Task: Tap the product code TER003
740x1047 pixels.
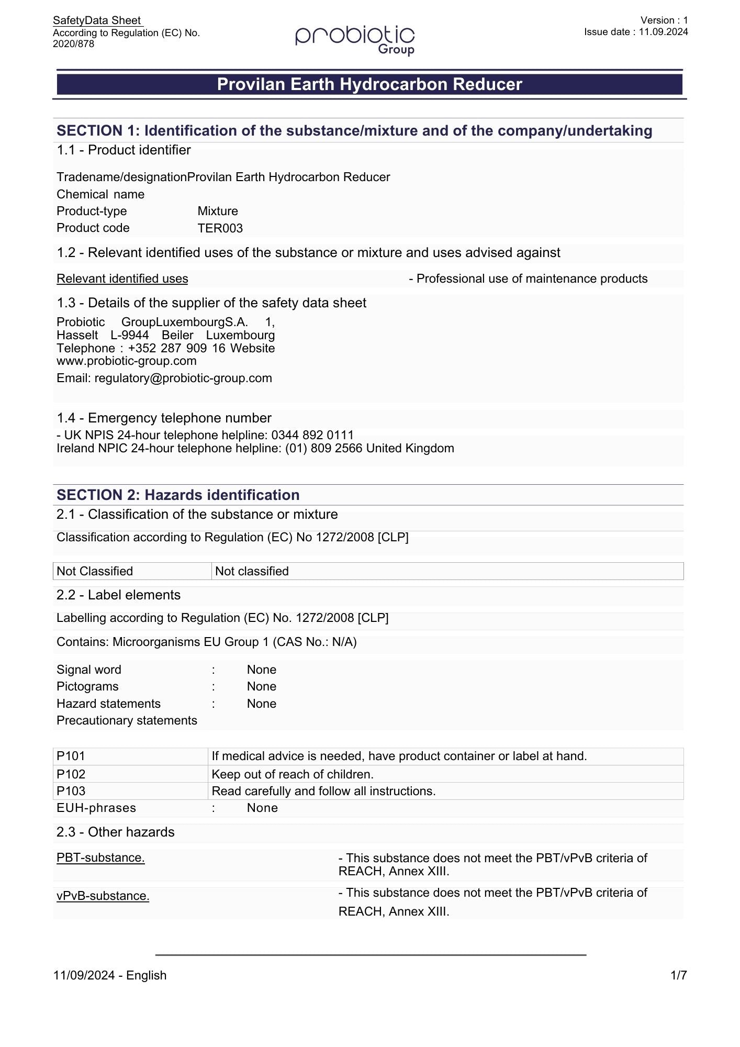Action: [220, 228]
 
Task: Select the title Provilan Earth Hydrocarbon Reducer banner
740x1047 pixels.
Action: [369, 84]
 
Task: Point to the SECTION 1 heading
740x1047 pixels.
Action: [354, 130]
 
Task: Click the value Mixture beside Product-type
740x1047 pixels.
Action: [218, 211]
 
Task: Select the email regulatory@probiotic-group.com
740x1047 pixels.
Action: [183, 378]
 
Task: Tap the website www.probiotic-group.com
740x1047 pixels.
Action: [127, 361]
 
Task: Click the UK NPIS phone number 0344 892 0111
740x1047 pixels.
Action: [312, 435]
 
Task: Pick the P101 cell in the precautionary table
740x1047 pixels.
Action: [71, 756]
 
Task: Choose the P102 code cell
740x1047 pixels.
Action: [71, 774]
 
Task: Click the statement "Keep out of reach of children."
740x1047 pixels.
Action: [293, 774]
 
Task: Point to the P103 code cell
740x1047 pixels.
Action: [71, 791]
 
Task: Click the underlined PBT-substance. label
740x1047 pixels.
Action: [100, 857]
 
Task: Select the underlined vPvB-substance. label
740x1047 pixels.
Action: [103, 896]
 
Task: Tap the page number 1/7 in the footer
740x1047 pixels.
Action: [678, 975]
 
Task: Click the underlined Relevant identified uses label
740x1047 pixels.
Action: [122, 279]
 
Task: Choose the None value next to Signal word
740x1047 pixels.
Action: [261, 670]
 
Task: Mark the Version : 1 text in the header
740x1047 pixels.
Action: [664, 20]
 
